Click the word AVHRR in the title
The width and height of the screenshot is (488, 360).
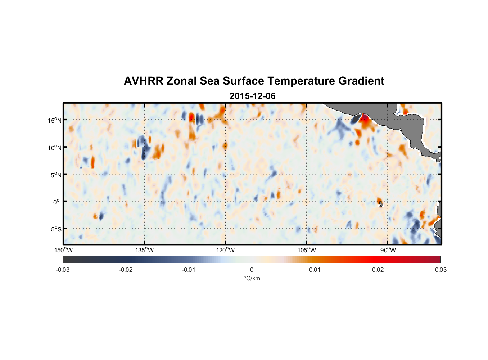[143, 81]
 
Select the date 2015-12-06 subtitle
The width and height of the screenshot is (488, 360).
[252, 96]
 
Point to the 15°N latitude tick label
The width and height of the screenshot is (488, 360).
[55, 120]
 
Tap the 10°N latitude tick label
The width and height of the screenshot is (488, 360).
[55, 148]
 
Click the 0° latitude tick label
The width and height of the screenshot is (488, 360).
[57, 202]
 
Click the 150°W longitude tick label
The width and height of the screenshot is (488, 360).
[64, 250]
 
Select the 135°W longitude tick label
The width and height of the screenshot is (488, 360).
[145, 250]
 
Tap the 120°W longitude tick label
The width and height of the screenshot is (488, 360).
[226, 250]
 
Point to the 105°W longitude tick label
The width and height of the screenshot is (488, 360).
[307, 250]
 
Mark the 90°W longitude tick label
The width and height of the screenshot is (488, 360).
[388, 250]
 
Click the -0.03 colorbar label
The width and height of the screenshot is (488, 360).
[63, 270]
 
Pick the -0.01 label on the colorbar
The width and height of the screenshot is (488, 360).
[189, 270]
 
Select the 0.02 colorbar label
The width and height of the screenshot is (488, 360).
[378, 270]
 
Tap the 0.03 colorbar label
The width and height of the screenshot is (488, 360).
[440, 270]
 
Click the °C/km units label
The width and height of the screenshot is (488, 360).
[252, 278]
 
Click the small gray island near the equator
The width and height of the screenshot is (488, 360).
[381, 204]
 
